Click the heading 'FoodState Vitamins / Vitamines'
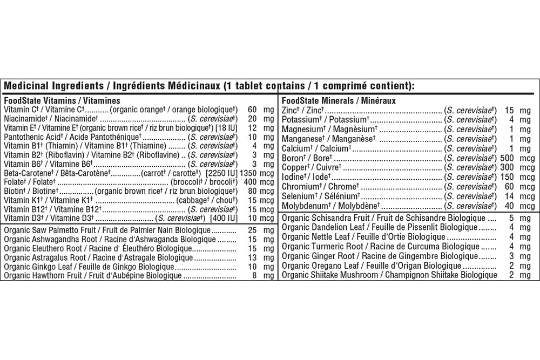[62, 101]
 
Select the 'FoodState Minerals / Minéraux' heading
[339, 101]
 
